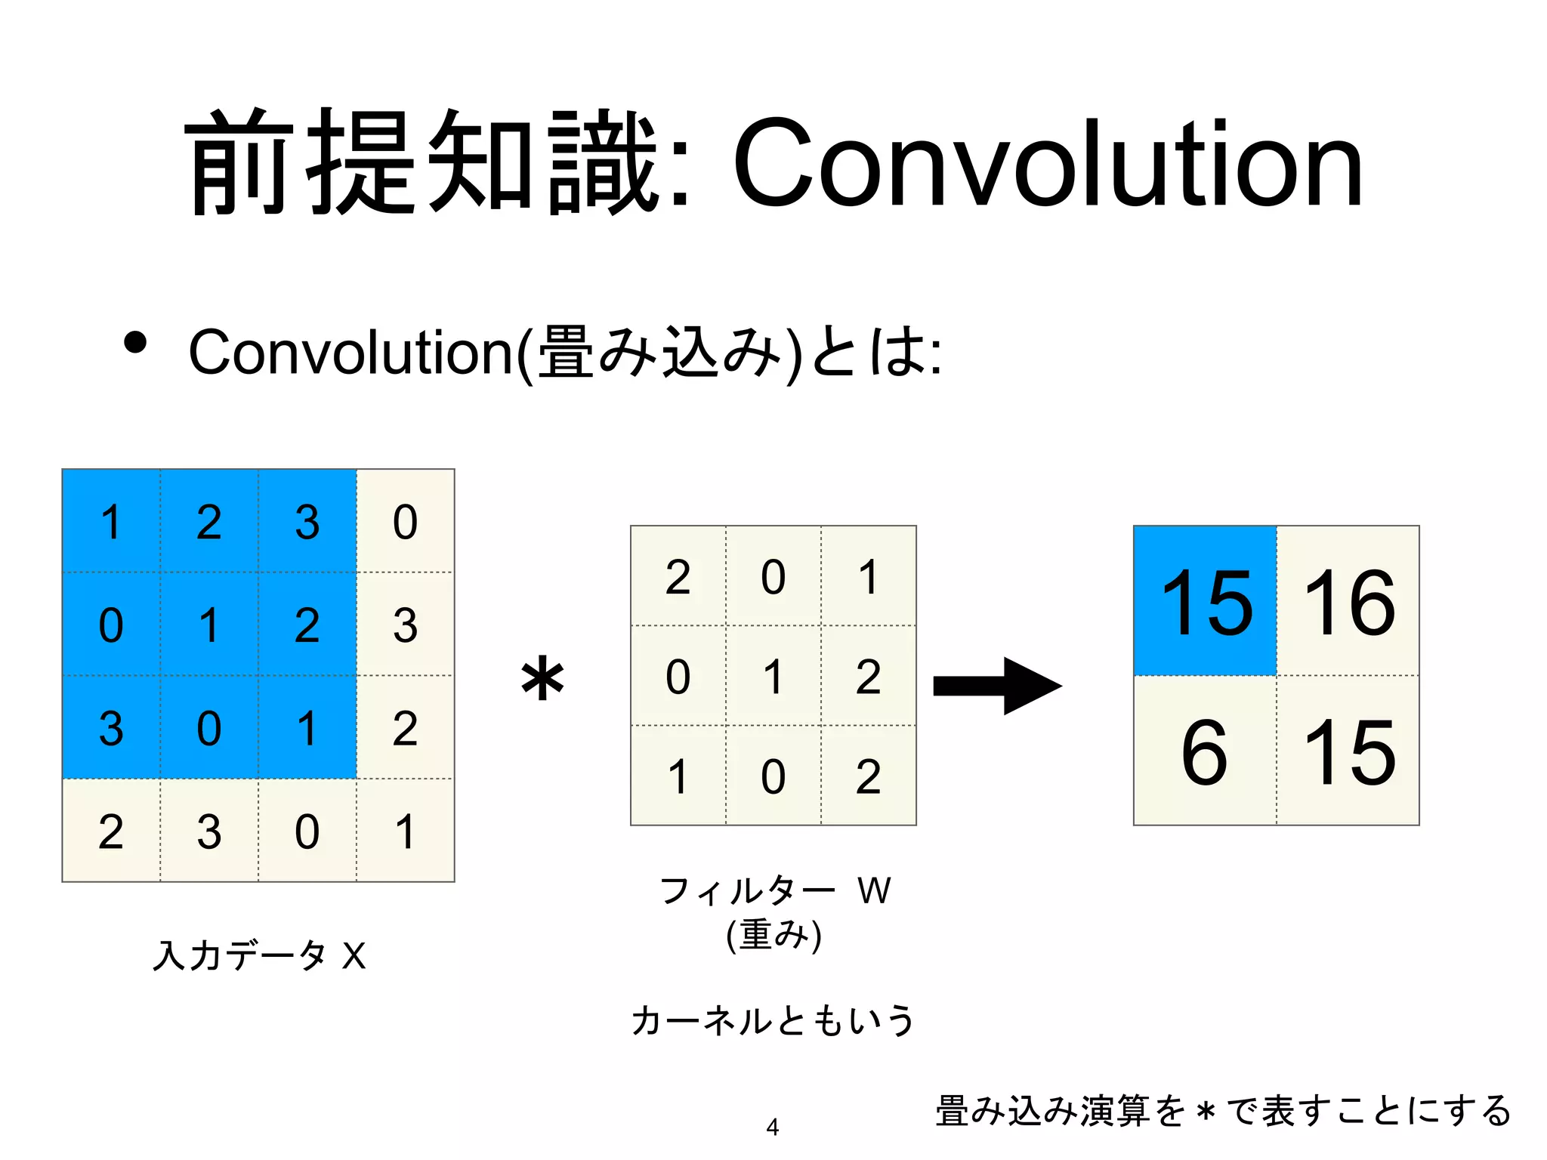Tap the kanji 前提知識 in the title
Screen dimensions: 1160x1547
coord(423,162)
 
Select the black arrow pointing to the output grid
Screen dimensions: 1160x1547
coord(997,685)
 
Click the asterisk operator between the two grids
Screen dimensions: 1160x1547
coord(542,679)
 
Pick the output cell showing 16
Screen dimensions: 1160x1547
coord(1348,601)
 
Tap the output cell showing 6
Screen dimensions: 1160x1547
coord(1204,751)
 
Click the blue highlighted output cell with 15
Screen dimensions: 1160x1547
coord(1206,601)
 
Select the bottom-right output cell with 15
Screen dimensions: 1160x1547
coord(1348,751)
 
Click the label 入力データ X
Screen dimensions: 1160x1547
coord(259,955)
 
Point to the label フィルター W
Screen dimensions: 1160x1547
coord(774,890)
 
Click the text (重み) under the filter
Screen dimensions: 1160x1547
coord(773,935)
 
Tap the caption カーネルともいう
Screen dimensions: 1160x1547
coord(773,1020)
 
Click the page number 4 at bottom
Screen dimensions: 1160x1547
coord(772,1127)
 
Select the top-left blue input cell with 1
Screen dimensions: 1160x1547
coord(111,521)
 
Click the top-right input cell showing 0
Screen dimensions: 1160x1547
coord(406,521)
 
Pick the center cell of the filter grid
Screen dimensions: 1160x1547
coord(773,676)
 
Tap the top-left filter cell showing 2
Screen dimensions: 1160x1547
coord(678,576)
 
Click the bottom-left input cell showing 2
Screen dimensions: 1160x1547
coord(111,831)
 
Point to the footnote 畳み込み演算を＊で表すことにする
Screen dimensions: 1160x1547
coord(1222,1110)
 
